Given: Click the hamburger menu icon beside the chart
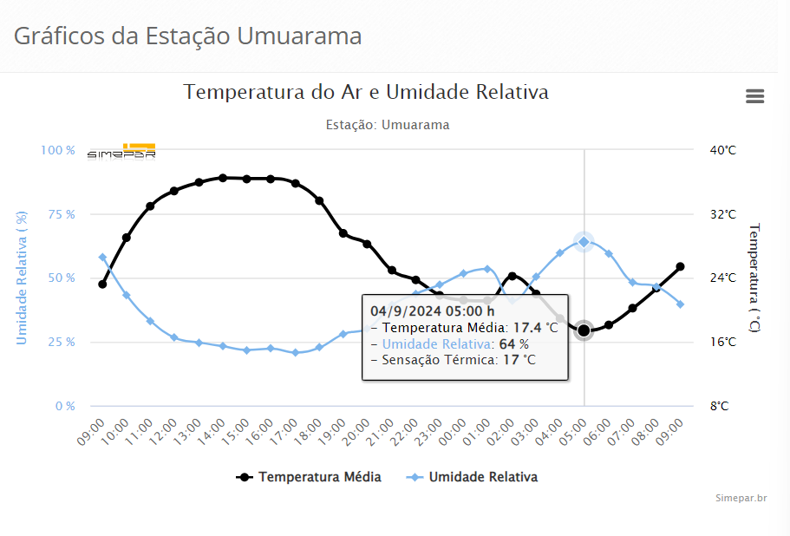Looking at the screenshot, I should click(754, 96).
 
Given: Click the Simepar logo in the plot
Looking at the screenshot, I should click(121, 152).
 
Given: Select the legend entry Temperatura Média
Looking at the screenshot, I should click(310, 477).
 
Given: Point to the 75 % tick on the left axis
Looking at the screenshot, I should click(58, 214).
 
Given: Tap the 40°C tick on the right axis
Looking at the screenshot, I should click(722, 150).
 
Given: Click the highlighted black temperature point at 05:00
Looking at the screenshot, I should click(584, 330).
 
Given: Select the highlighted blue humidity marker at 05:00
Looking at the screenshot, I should click(584, 242).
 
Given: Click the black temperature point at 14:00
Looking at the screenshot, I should click(223, 178).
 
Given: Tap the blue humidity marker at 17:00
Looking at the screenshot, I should click(296, 353).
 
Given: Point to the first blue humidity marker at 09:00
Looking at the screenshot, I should click(102, 258).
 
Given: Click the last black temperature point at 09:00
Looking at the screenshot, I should click(681, 266).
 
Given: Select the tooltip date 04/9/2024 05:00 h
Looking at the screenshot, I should click(432, 310).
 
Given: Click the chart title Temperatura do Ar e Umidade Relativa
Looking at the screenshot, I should click(366, 92).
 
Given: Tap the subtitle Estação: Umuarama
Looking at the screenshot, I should click(388, 125).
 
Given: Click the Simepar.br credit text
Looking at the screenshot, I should click(741, 498).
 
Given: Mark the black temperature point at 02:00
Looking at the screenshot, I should click(512, 276).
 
